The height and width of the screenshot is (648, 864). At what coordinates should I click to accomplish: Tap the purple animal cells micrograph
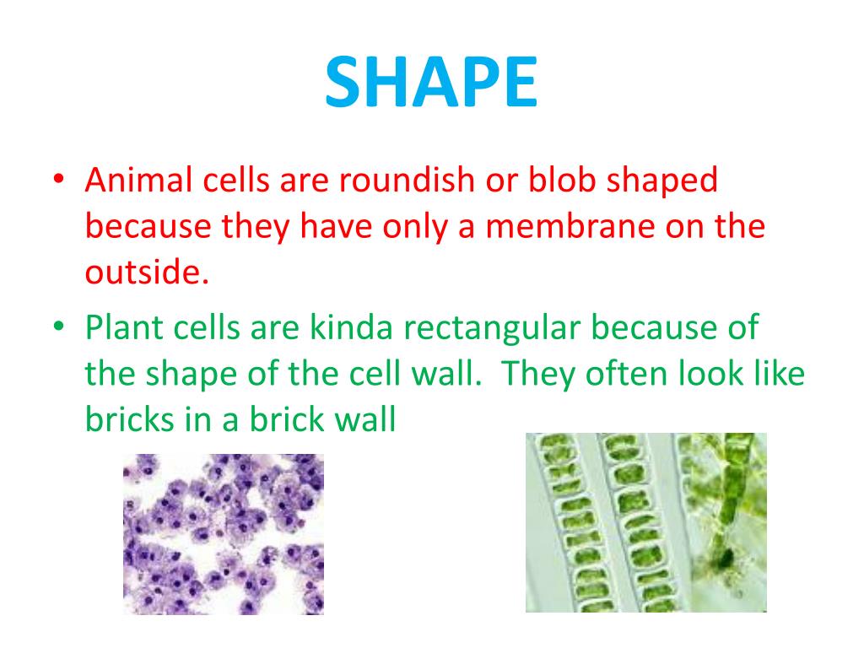click(224, 533)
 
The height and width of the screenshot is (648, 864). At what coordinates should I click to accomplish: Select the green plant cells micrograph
click(645, 522)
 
